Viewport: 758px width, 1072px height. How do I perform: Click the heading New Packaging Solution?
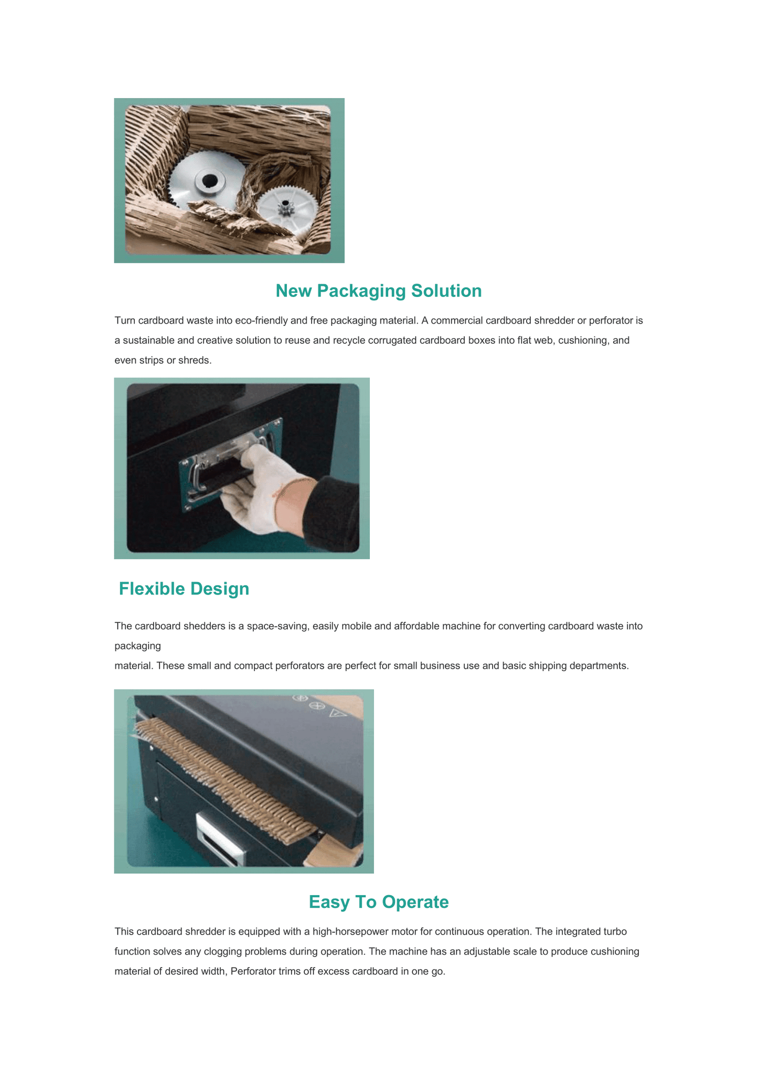tap(378, 291)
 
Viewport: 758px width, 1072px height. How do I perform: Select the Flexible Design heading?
tap(184, 589)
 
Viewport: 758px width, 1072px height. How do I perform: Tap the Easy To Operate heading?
tap(378, 901)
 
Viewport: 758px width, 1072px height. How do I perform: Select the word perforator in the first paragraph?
tap(616, 320)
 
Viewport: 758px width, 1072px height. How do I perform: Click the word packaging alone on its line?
tap(137, 646)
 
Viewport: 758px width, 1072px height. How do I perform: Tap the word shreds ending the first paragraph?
tap(196, 360)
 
